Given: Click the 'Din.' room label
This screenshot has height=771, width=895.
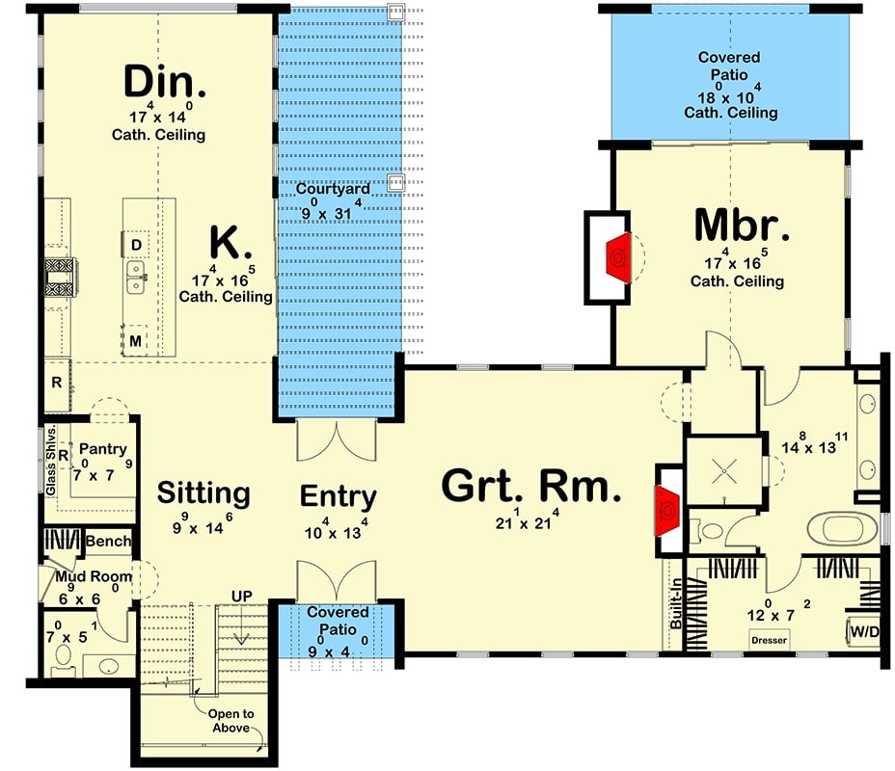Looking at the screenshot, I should pos(165,83).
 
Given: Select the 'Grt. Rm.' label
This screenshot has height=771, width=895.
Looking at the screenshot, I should pos(531,487).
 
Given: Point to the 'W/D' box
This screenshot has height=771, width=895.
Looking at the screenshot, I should pos(863,632).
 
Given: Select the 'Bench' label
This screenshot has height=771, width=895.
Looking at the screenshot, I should pos(108,542).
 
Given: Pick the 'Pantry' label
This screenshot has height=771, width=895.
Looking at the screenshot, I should pos(102,450).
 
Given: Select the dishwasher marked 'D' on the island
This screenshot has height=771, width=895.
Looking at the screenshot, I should pos(136,245).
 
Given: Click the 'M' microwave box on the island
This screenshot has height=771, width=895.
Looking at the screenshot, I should pos(136,340).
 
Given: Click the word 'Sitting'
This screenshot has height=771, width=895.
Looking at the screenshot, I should pos(203,493).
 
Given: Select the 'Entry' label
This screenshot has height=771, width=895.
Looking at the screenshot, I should pos(338,496).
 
